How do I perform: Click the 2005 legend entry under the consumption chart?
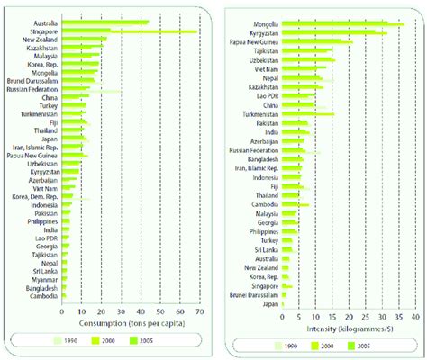(x=164, y=341)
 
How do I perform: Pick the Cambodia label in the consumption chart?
(x=42, y=296)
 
